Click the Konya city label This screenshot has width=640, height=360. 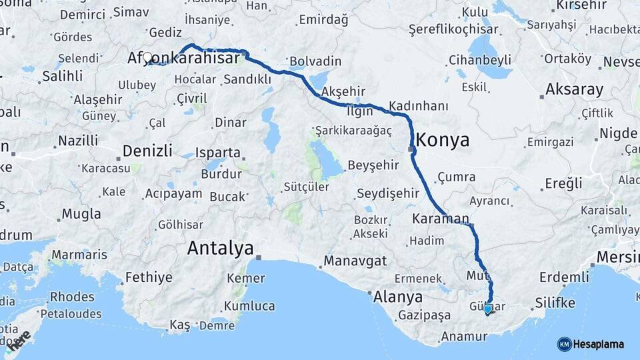coord(443,140)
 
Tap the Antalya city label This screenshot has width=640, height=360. coord(220,249)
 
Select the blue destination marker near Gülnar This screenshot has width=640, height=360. coord(488,309)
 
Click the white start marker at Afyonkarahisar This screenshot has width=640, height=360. coord(147,58)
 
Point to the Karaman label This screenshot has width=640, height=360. coord(441,219)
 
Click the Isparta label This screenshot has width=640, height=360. coord(217,153)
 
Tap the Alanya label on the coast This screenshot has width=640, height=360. coord(398,297)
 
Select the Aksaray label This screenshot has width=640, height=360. coord(574,89)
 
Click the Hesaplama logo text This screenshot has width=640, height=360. coord(598,345)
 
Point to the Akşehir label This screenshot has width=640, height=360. coord(345,91)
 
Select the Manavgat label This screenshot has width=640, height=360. coord(355,261)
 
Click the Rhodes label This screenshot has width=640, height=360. coord(73,296)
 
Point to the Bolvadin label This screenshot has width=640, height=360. coord(315,61)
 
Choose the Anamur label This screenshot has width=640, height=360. coord(464,337)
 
